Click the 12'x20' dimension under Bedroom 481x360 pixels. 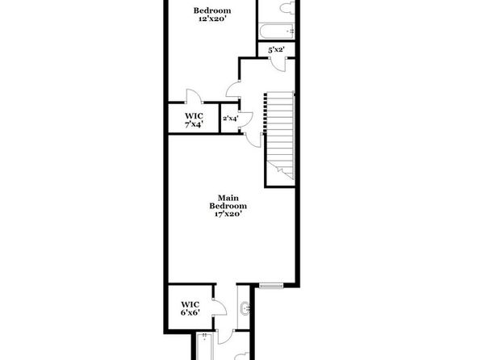click(212, 19)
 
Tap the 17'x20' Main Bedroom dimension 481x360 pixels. click(228, 214)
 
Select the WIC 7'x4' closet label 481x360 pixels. click(194, 120)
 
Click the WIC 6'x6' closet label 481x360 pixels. click(190, 308)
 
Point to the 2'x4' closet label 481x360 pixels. click(230, 118)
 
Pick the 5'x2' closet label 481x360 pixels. click(276, 50)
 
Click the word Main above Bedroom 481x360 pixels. click(228, 198)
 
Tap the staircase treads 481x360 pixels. click(280, 135)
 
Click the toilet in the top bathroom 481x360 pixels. click(287, 7)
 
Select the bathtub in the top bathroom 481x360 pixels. click(277, 31)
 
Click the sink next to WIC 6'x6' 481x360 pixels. click(245, 308)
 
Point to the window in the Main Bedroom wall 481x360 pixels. click(271, 286)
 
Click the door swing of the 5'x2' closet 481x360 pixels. click(278, 65)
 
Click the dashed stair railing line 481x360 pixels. click(265, 114)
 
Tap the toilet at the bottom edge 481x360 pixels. click(243, 356)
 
